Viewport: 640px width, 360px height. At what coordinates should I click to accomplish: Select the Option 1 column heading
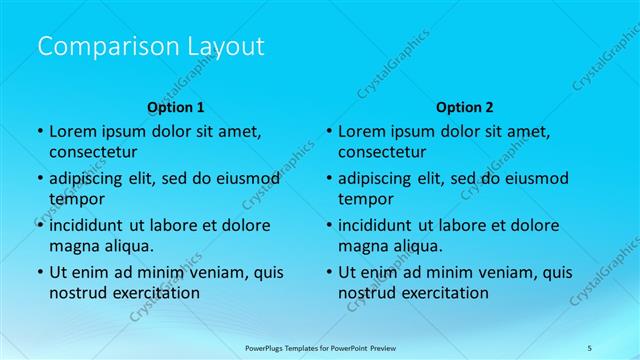(x=175, y=107)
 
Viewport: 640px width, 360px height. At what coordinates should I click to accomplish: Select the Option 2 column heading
(x=464, y=107)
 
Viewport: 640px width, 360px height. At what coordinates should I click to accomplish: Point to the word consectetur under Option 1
(x=93, y=152)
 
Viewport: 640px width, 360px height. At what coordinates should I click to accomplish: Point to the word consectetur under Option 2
(x=382, y=152)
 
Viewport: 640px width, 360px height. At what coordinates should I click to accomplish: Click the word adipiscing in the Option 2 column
(x=381, y=179)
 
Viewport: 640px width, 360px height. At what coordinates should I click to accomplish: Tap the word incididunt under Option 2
(x=381, y=225)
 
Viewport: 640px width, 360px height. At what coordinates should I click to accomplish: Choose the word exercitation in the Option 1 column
(x=155, y=292)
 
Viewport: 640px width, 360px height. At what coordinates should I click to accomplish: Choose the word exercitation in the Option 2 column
(x=444, y=292)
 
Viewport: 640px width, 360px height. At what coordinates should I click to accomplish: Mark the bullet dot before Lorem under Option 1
(x=39, y=132)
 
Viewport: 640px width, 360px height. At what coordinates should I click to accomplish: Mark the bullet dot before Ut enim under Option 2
(x=328, y=272)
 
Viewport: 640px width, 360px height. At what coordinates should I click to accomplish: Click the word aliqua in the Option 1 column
(x=128, y=246)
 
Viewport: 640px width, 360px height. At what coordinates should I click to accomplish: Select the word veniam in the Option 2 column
(x=491, y=272)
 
